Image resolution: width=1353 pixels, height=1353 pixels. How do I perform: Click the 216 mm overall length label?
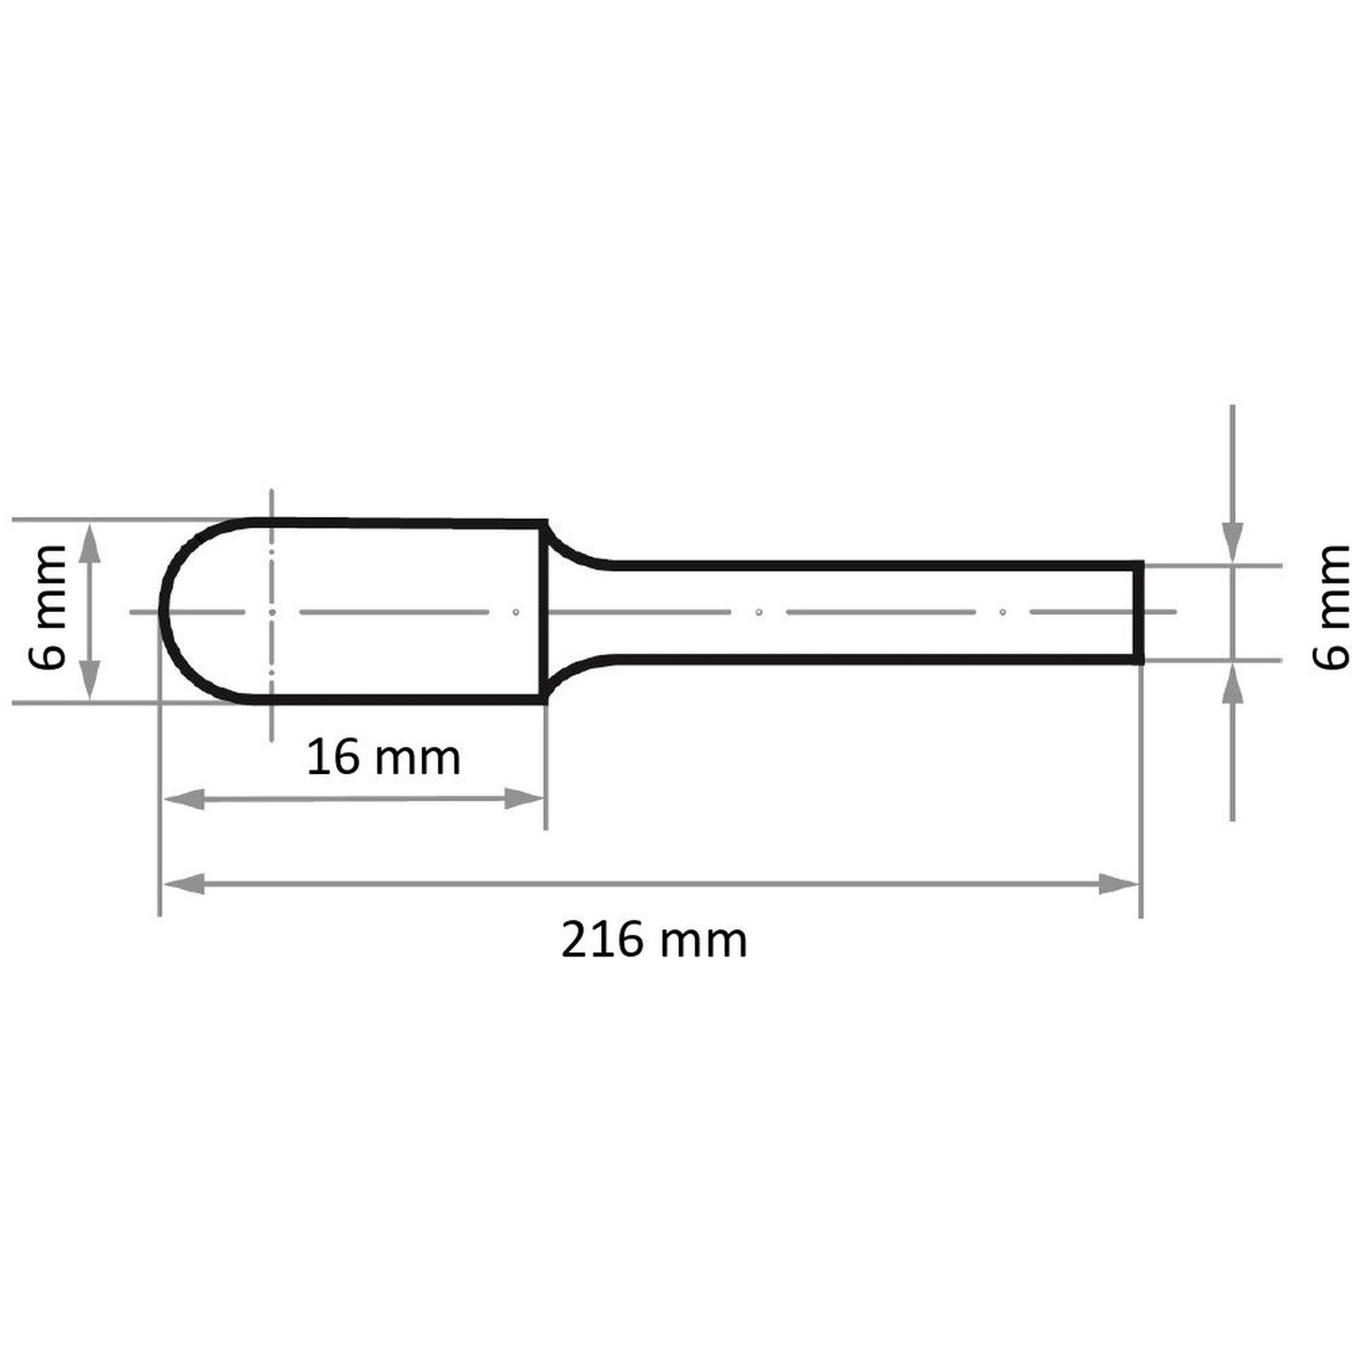654,941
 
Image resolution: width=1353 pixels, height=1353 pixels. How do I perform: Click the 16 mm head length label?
384,757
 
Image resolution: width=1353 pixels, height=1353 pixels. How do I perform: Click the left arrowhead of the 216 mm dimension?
183,884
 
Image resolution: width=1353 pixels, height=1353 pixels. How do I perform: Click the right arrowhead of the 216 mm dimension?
1118,884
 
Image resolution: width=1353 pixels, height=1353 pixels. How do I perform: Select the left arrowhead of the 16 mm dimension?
183,799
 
